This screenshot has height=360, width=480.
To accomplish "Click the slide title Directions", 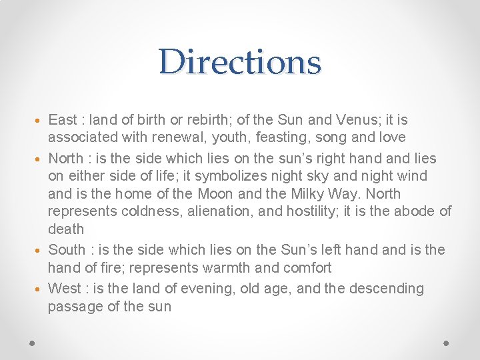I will pyautogui.click(x=240, y=62).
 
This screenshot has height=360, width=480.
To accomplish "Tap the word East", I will pyautogui.click(x=63, y=120).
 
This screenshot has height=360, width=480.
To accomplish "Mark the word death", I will pyautogui.click(x=66, y=229).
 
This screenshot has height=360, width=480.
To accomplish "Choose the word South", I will pyautogui.click(x=67, y=250).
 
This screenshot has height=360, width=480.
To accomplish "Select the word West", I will pyautogui.click(x=65, y=289).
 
